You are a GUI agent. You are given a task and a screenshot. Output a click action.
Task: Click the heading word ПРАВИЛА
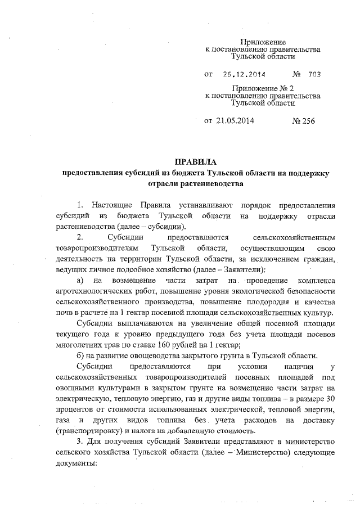[196, 163]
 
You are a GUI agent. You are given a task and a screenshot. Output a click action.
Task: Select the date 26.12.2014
[244, 74]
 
